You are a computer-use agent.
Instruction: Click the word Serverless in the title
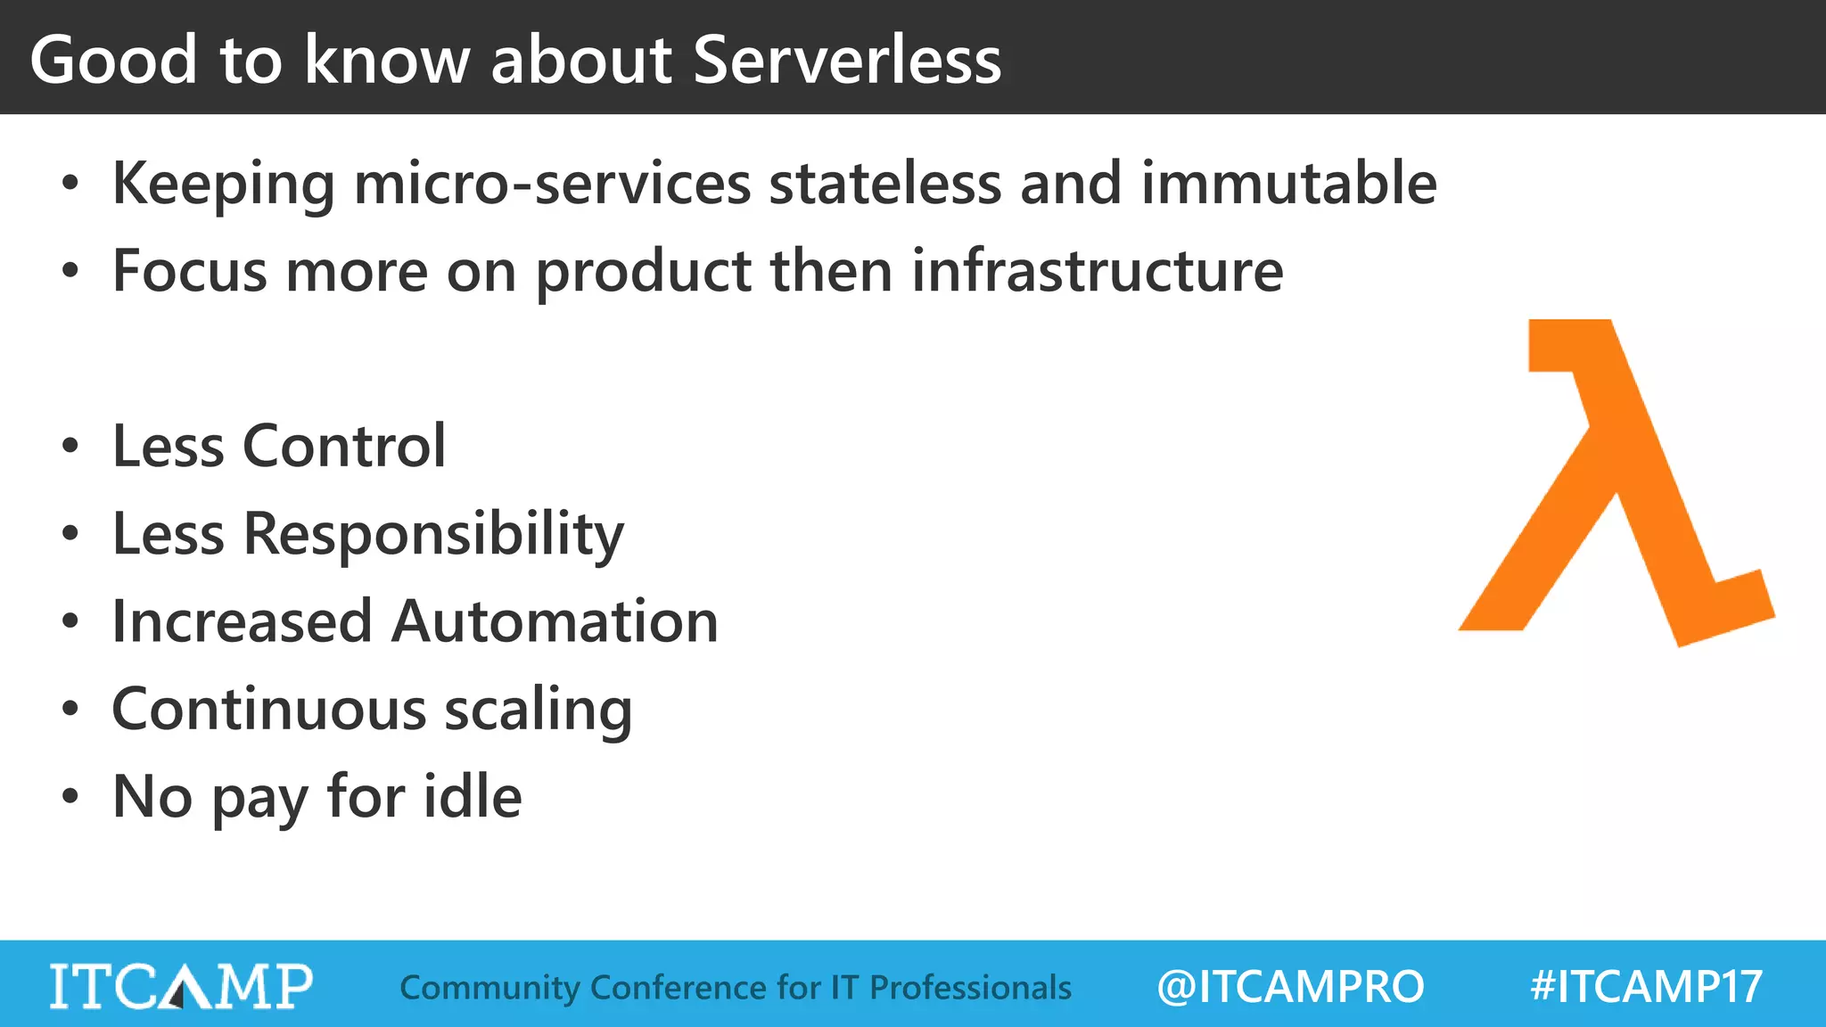click(847, 61)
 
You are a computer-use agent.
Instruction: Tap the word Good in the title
click(113, 61)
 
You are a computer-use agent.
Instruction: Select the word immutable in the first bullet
click(1288, 183)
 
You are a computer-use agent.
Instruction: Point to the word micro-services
click(553, 183)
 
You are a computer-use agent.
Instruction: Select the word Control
click(343, 446)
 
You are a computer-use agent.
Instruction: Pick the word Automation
click(555, 621)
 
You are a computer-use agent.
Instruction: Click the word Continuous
click(269, 710)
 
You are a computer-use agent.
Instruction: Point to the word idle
click(473, 796)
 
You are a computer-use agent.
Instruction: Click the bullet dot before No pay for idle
click(70, 796)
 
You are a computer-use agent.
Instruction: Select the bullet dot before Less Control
click(70, 446)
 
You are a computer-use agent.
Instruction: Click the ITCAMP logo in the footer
click(181, 986)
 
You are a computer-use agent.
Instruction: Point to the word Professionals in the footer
click(970, 988)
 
